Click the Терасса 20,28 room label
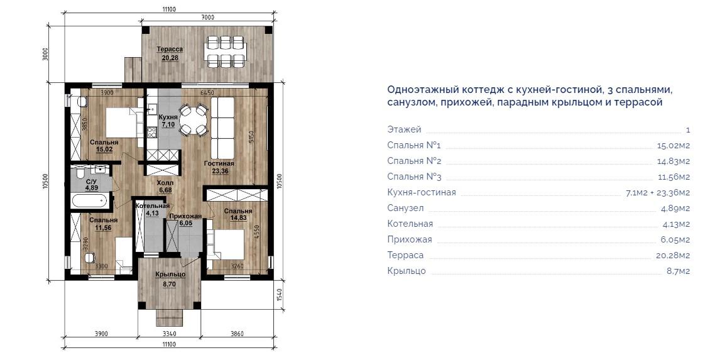(170, 53)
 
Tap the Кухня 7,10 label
(168, 121)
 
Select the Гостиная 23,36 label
(219, 167)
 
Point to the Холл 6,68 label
(165, 187)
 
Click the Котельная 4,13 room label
(153, 209)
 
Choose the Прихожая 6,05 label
(185, 219)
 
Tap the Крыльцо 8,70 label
(170, 279)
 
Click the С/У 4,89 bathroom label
(91, 185)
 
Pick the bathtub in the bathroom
(90, 200)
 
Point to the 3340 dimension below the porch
(169, 334)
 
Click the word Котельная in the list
(410, 224)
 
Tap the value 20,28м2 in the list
(672, 255)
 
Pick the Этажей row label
(404, 129)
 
